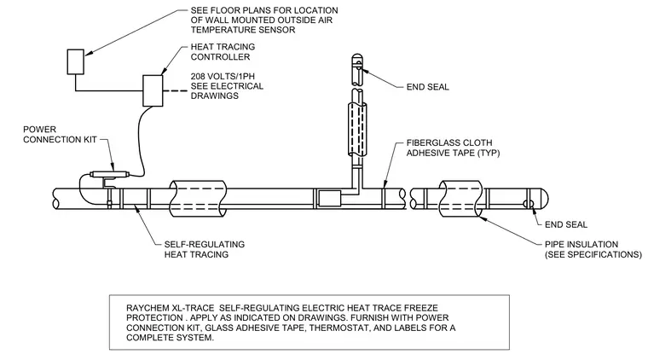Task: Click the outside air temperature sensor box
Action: coord(76,62)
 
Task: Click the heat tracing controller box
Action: coord(153,90)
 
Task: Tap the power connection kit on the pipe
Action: coord(109,174)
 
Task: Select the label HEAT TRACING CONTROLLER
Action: coord(223,52)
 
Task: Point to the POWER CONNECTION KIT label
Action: coord(60,134)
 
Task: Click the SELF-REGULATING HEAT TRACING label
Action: coord(205,249)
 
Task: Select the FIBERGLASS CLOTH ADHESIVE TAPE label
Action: coord(453,148)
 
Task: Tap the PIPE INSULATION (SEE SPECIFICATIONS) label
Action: coord(593,249)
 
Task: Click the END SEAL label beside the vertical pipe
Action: coord(428,87)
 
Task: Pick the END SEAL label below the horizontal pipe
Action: coord(566,224)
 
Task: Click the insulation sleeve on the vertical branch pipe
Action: coord(356,129)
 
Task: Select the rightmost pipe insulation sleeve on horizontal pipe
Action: coord(460,199)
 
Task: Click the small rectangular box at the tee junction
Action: coord(329,199)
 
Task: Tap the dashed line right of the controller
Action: coord(176,90)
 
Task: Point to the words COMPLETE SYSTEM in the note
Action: coord(170,338)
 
